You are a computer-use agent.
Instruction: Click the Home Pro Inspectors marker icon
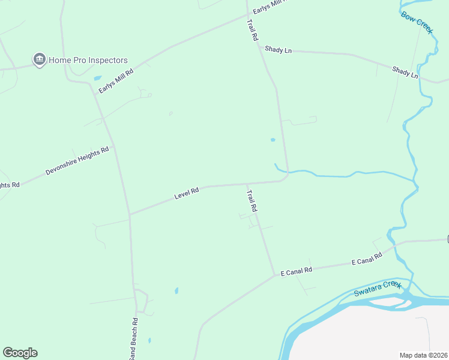tap(40, 59)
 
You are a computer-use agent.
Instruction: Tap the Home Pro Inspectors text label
tap(88, 60)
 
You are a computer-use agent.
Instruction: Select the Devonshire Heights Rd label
tap(77, 161)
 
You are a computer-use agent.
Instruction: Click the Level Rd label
tap(187, 194)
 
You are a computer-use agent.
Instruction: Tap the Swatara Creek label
tap(376, 289)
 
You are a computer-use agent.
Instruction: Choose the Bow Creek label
tap(417, 22)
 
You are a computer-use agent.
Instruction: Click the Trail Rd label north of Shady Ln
tap(252, 29)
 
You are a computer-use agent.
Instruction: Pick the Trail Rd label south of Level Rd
tap(253, 200)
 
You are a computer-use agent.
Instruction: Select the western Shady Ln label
tap(278, 50)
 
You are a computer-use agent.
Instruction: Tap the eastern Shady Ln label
tap(405, 73)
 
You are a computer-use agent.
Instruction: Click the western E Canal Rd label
tap(297, 271)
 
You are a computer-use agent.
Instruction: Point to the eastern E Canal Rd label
tap(366, 259)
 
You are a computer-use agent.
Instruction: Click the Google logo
tap(20, 353)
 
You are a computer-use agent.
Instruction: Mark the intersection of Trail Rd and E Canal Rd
tap(275, 275)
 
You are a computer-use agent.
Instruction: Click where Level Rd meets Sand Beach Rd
tap(130, 214)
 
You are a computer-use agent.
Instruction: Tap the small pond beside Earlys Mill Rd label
tap(97, 78)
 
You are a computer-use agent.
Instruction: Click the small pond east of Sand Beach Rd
tap(176, 291)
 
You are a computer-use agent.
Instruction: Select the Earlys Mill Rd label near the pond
tap(116, 80)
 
